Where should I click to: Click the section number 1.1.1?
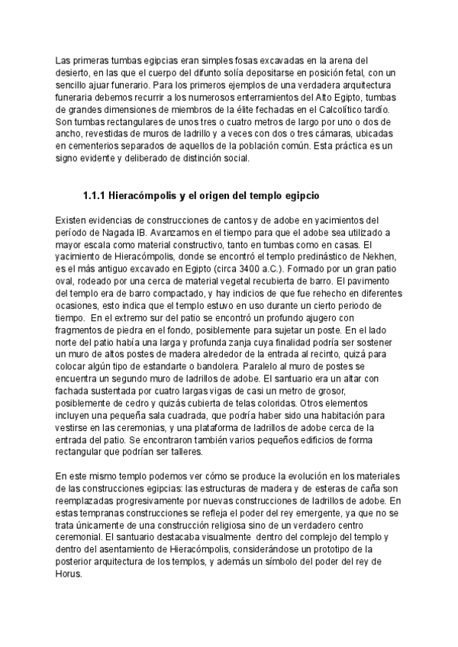tap(94, 195)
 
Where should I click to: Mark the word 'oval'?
tap(67, 281)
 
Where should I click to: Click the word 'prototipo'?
tap(318, 550)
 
